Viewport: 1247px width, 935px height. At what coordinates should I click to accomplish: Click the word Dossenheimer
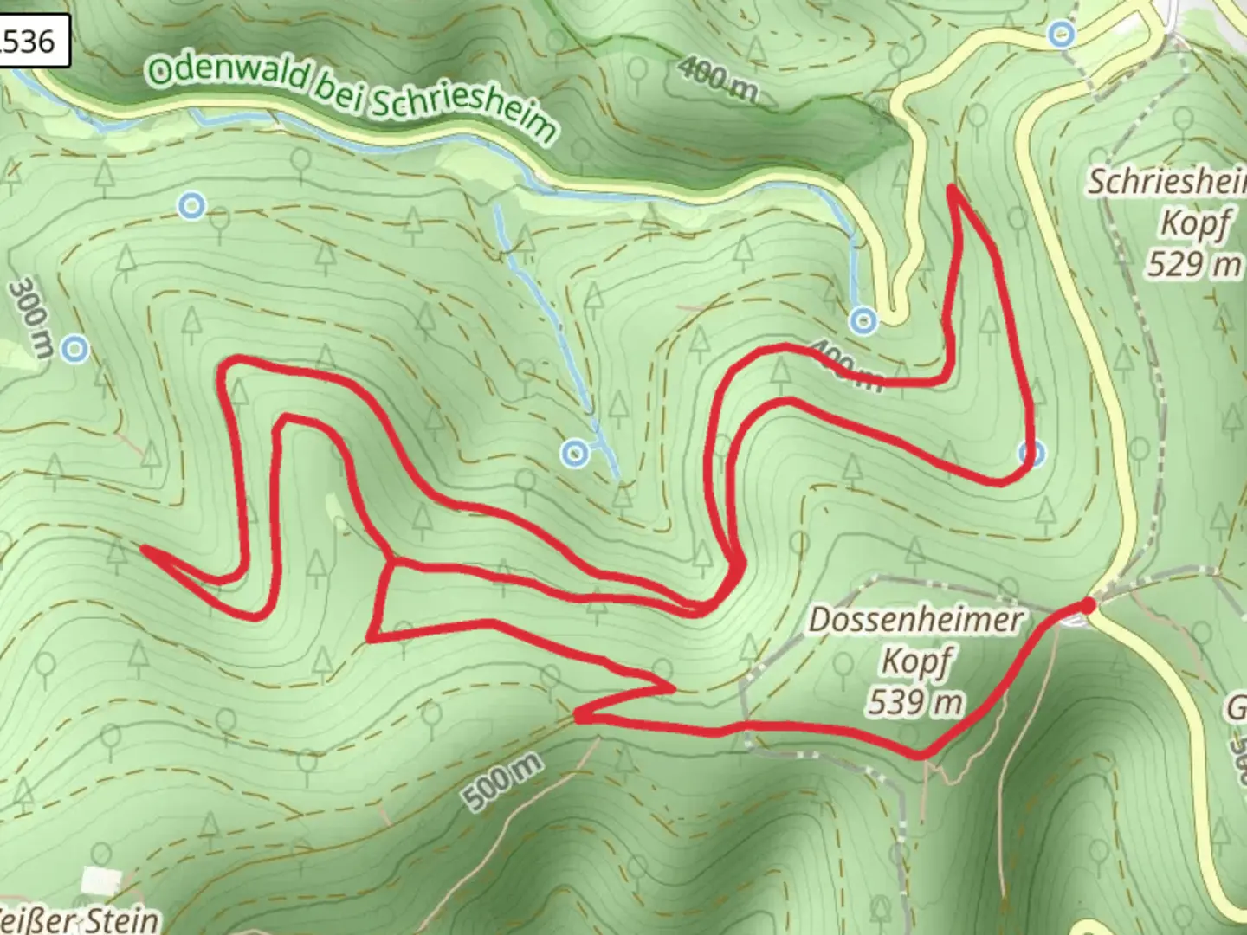point(915,621)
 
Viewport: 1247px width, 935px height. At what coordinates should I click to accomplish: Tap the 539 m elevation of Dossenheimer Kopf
point(915,701)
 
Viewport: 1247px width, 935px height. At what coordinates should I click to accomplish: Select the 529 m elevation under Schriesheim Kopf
point(1193,263)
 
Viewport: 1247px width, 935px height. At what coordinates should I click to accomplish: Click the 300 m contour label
point(32,317)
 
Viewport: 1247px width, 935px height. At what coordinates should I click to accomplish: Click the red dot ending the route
point(1088,605)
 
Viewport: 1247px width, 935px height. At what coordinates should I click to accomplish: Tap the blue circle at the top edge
point(1061,35)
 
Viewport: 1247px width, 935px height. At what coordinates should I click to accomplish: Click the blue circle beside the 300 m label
point(76,350)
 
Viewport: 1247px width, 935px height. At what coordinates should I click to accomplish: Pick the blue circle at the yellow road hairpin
point(863,321)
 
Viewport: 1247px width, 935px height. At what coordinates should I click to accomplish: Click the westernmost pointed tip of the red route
point(143,548)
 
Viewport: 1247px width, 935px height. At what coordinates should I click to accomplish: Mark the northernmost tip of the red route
point(953,188)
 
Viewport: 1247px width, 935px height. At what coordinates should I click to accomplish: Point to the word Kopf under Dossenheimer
point(915,661)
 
